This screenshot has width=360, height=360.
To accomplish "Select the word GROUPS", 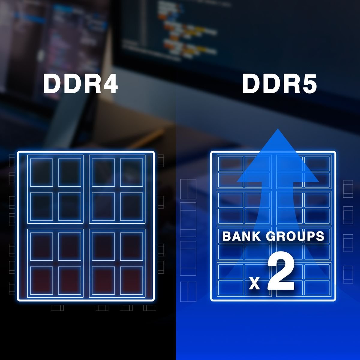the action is click(x=295, y=236).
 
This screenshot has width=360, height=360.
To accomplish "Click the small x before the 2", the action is click(x=255, y=283).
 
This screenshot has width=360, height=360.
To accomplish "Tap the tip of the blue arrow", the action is click(x=278, y=129).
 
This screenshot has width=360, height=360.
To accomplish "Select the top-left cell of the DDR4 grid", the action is click(x=41, y=172).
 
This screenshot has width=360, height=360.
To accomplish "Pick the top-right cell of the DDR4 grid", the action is click(x=131, y=172).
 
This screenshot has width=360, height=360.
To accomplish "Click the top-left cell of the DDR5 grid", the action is click(x=230, y=163).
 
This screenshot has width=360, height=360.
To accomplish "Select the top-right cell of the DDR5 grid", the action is click(x=317, y=163).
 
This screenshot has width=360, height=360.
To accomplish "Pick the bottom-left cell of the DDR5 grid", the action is click(x=230, y=287).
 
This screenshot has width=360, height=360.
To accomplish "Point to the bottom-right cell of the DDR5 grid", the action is click(x=317, y=287).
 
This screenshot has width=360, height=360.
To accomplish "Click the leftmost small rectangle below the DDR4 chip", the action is click(x=57, y=308).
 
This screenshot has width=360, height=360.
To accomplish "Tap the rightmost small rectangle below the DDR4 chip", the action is click(x=150, y=308).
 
